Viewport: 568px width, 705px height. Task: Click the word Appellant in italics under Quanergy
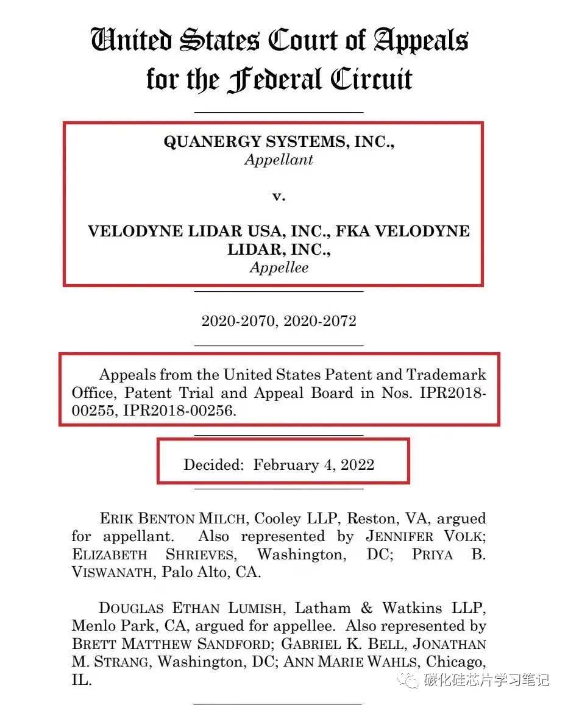pyautogui.click(x=279, y=160)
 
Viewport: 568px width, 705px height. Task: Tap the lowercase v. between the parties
pyautogui.click(x=279, y=196)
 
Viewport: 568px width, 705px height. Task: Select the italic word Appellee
pyautogui.click(x=279, y=267)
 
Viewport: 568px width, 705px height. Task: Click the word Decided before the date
pyautogui.click(x=213, y=465)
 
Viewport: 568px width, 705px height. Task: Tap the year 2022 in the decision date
pyautogui.click(x=357, y=465)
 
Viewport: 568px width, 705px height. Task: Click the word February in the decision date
pyautogui.click(x=286, y=465)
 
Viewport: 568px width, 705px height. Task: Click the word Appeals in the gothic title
pyautogui.click(x=421, y=40)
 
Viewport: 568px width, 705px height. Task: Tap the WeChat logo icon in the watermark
pyautogui.click(x=409, y=679)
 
